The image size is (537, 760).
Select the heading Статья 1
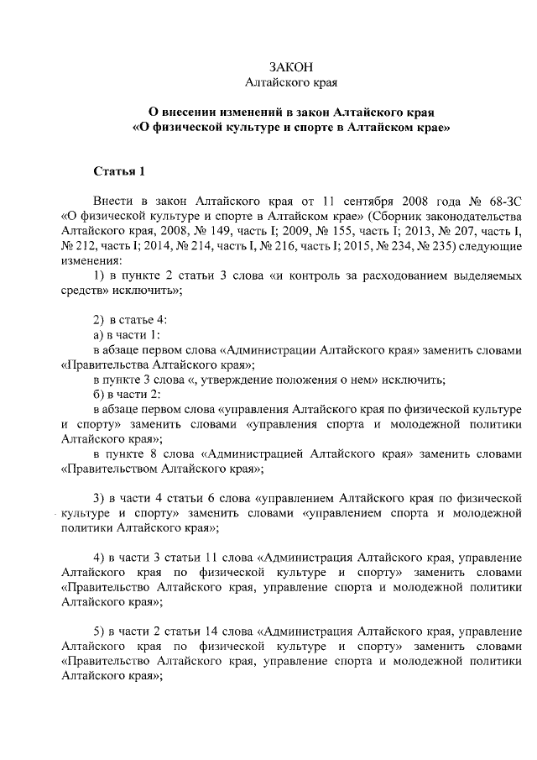pyautogui.click(x=118, y=172)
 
